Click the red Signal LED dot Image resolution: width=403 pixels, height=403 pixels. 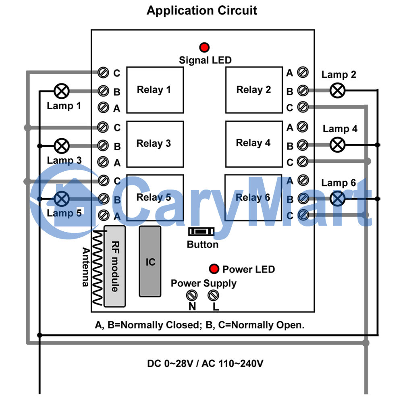[204, 47]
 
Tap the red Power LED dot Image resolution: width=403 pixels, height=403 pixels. [214, 269]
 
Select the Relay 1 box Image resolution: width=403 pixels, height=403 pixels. [155, 90]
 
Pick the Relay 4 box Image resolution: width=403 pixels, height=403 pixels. [254, 144]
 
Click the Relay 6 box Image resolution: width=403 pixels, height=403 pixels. [253, 197]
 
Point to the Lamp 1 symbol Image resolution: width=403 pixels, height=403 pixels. [62, 91]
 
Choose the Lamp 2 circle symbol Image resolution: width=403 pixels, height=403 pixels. [337, 90]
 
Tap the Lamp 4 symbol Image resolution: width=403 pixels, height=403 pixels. [337, 145]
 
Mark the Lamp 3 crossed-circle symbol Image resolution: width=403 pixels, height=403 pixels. [62, 146]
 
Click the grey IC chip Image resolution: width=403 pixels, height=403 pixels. [150, 262]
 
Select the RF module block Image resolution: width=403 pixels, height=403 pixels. [114, 266]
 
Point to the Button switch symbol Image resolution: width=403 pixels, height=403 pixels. [201, 232]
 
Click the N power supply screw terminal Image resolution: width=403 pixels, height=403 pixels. [192, 295]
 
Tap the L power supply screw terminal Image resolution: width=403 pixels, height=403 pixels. [213, 295]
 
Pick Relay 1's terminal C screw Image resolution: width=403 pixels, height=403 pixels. [103, 73]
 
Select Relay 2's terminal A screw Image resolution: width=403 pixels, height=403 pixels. [303, 72]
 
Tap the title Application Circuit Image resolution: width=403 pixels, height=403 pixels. [202, 10]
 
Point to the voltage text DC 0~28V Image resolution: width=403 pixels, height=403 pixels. [170, 364]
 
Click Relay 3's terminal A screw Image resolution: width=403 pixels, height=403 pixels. [103, 162]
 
